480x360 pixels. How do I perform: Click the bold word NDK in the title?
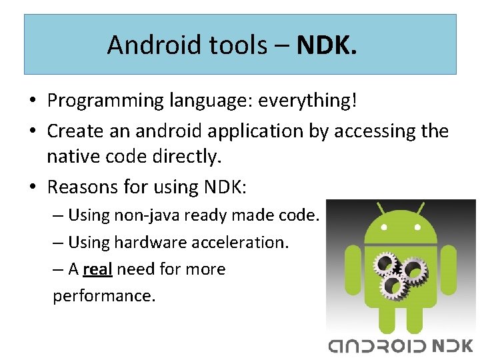click(x=327, y=45)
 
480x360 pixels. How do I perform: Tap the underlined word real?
click(x=97, y=269)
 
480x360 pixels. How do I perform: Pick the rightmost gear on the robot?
click(x=414, y=270)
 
